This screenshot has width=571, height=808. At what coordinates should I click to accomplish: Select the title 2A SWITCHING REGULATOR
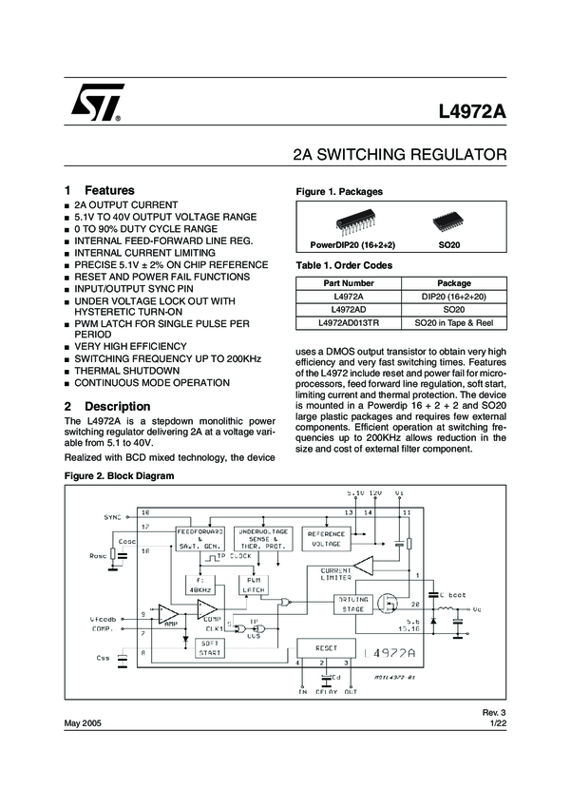(x=400, y=154)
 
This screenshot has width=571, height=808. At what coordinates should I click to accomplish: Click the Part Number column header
(x=349, y=283)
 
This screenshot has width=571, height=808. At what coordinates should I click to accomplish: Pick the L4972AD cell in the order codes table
(x=349, y=310)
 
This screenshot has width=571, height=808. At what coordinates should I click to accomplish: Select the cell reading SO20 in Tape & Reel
(x=453, y=323)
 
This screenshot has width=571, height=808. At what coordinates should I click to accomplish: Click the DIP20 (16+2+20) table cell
(x=453, y=297)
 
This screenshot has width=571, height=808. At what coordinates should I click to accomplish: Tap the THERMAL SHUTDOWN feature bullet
(x=126, y=371)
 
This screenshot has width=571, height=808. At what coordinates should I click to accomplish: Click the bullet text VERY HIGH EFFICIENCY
(x=130, y=347)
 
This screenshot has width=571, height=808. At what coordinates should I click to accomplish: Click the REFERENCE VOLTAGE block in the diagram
(x=326, y=539)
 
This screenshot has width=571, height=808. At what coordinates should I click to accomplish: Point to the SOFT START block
(x=209, y=647)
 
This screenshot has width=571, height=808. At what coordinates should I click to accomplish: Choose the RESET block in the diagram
(x=326, y=647)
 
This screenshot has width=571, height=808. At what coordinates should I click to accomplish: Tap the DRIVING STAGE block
(x=352, y=604)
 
